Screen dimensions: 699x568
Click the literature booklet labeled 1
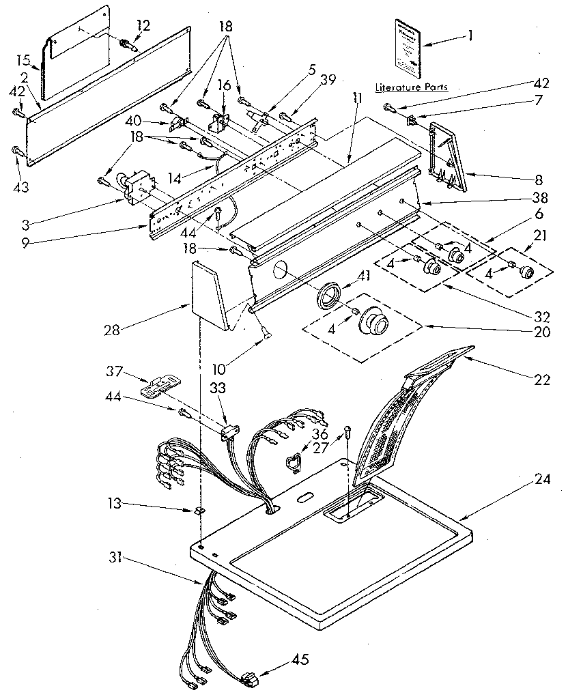point(406,46)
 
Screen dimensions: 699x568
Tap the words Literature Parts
point(407,87)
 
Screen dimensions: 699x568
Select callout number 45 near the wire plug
point(300,659)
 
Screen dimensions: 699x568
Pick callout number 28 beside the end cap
point(112,330)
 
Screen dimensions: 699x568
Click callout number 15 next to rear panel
point(21,59)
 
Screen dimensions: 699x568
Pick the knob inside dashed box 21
point(526,271)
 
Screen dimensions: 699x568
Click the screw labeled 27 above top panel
point(348,431)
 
